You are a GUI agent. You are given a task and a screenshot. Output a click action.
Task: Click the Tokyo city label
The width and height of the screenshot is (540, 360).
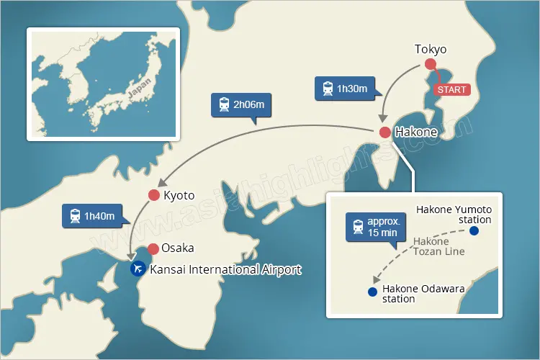(x=431, y=50)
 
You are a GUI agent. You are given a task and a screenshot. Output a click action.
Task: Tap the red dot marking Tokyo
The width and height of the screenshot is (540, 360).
(x=431, y=65)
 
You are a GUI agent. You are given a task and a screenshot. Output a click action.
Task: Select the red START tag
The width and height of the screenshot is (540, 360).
(x=451, y=89)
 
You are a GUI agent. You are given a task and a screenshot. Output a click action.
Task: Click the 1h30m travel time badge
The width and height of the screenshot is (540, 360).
(x=346, y=89)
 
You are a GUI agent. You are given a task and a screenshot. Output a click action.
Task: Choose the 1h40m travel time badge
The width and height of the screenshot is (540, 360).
(x=91, y=216)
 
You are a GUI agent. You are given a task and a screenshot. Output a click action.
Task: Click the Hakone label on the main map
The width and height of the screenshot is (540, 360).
(x=416, y=132)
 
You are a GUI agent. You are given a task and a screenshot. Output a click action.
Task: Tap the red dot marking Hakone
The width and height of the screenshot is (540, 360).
(x=384, y=132)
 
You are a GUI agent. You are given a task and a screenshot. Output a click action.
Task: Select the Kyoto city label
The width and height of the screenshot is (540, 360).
(x=179, y=195)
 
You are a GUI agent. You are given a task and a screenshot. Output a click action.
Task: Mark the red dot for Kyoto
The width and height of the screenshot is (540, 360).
(x=153, y=195)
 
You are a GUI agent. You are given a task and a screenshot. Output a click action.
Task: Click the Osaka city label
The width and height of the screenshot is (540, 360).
(x=177, y=248)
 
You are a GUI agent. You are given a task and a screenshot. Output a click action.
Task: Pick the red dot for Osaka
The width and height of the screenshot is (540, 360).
(x=153, y=249)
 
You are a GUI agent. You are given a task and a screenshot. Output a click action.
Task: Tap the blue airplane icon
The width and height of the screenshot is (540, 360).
(x=137, y=269)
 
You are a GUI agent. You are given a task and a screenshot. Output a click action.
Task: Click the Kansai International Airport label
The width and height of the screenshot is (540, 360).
(x=225, y=270)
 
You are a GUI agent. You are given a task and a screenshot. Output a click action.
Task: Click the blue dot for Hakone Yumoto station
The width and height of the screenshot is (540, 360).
(x=474, y=231)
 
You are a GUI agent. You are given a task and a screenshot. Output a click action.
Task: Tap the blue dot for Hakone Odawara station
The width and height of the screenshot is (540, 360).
(x=372, y=292)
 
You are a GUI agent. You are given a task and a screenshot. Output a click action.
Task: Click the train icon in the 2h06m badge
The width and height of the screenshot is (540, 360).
(x=223, y=105)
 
